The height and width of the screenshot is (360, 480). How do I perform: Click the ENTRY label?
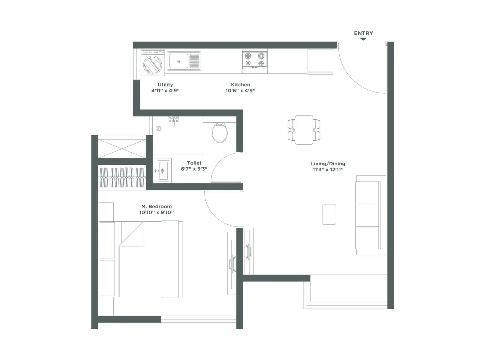click(x=363, y=33)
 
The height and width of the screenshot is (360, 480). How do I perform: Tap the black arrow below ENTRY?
click(x=363, y=39)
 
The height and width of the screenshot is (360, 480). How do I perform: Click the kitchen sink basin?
click(x=178, y=61)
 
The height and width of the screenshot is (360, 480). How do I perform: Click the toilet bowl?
click(x=220, y=133)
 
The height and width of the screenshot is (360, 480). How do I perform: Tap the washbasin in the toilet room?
click(x=163, y=171)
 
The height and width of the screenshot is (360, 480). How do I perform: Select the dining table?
click(x=304, y=130)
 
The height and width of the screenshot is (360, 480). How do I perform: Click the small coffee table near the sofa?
click(x=329, y=214)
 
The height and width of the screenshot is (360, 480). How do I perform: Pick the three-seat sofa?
click(x=368, y=215)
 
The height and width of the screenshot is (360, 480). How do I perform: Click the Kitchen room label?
click(x=240, y=85)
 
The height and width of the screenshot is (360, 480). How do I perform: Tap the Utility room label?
click(x=165, y=85)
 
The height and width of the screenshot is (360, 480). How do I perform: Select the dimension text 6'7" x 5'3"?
click(x=194, y=169)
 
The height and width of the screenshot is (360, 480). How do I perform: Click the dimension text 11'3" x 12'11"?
click(x=328, y=169)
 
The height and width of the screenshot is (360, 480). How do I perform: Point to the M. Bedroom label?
click(x=157, y=206)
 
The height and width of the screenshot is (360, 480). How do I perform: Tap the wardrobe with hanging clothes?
click(x=122, y=177)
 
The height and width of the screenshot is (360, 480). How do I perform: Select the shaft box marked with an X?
click(x=122, y=147)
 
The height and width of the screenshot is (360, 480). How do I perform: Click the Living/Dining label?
click(x=328, y=163)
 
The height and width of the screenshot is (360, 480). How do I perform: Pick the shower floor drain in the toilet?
click(x=159, y=128)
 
